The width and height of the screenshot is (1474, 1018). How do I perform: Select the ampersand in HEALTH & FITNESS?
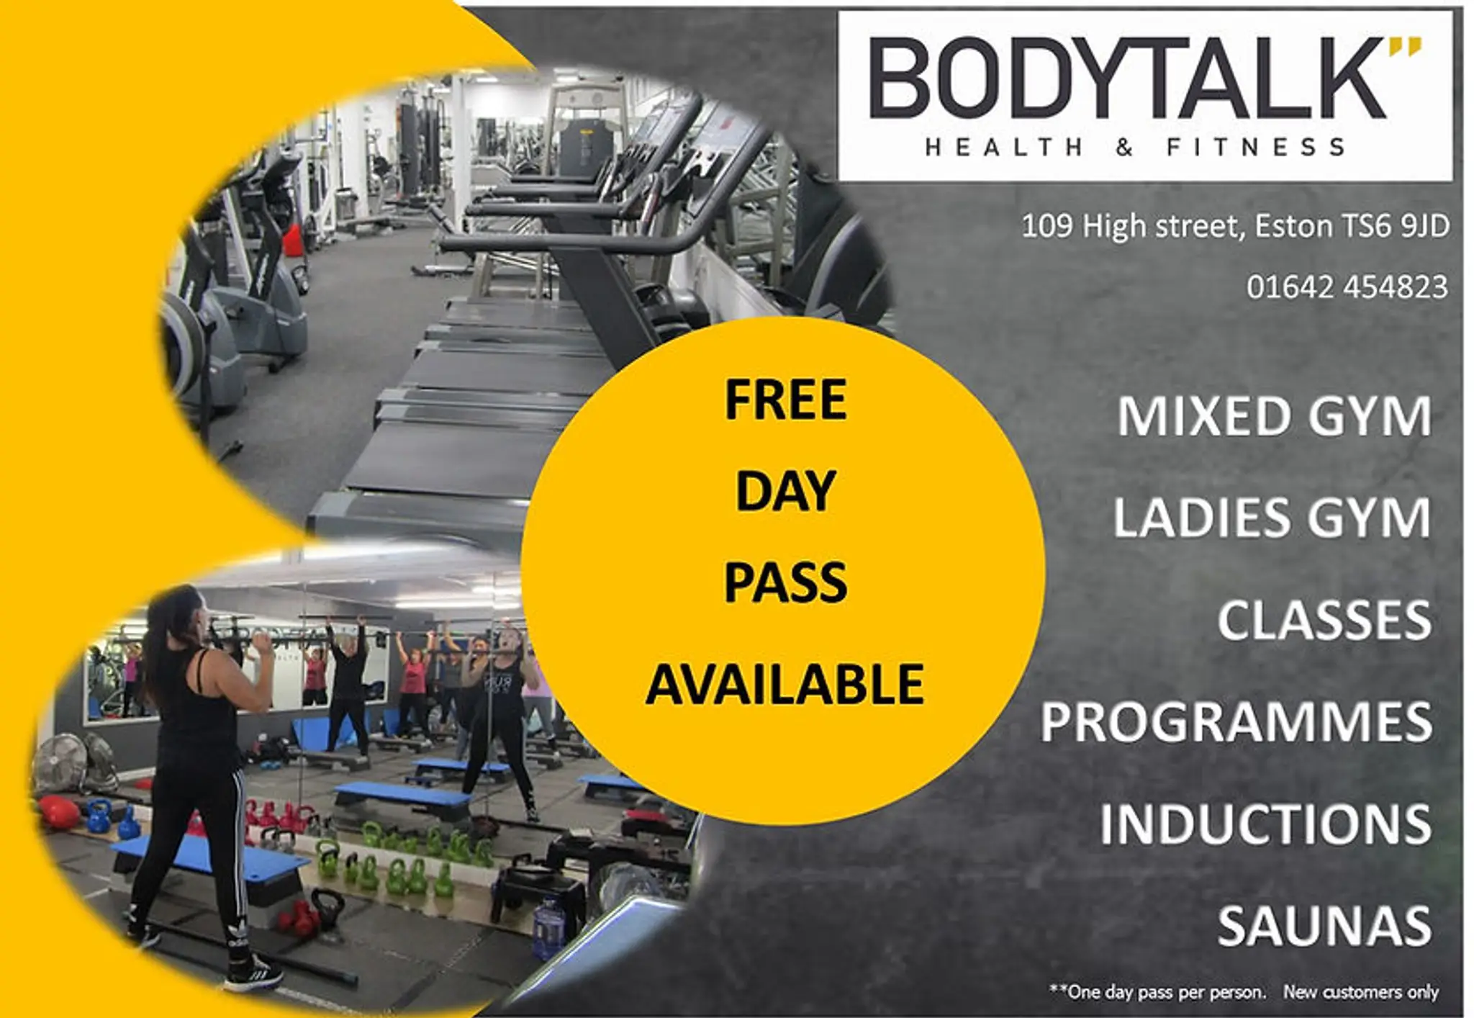[1124, 148]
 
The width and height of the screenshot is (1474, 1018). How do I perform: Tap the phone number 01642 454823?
[1347, 287]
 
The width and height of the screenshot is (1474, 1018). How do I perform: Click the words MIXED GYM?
[1274, 416]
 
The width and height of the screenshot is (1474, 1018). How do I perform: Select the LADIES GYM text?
[1272, 518]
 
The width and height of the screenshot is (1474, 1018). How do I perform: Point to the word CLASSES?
[1324, 620]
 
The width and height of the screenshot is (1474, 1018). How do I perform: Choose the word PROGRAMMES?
[1236, 722]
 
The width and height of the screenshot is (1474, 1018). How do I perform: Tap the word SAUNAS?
[1324, 926]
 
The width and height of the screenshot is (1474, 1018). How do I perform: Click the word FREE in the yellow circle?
[785, 400]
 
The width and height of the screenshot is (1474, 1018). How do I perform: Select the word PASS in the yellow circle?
[785, 582]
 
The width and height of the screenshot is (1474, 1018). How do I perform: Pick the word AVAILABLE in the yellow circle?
[785, 684]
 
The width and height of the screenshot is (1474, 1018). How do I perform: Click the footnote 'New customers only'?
[1360, 992]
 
